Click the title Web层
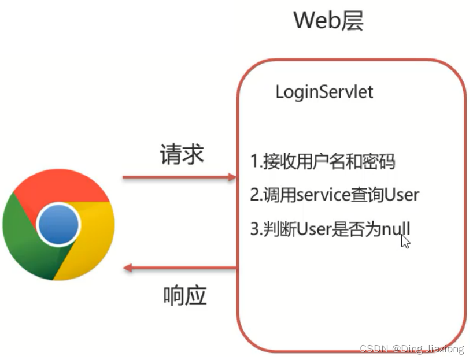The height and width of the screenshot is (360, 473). pos(328,21)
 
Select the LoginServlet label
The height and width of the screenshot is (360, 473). pos(324,92)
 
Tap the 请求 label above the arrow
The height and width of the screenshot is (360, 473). pos(182,154)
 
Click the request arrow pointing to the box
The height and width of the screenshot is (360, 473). pos(179,177)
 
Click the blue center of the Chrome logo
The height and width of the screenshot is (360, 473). pos(58,222)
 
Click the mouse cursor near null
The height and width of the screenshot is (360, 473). pos(405,241)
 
